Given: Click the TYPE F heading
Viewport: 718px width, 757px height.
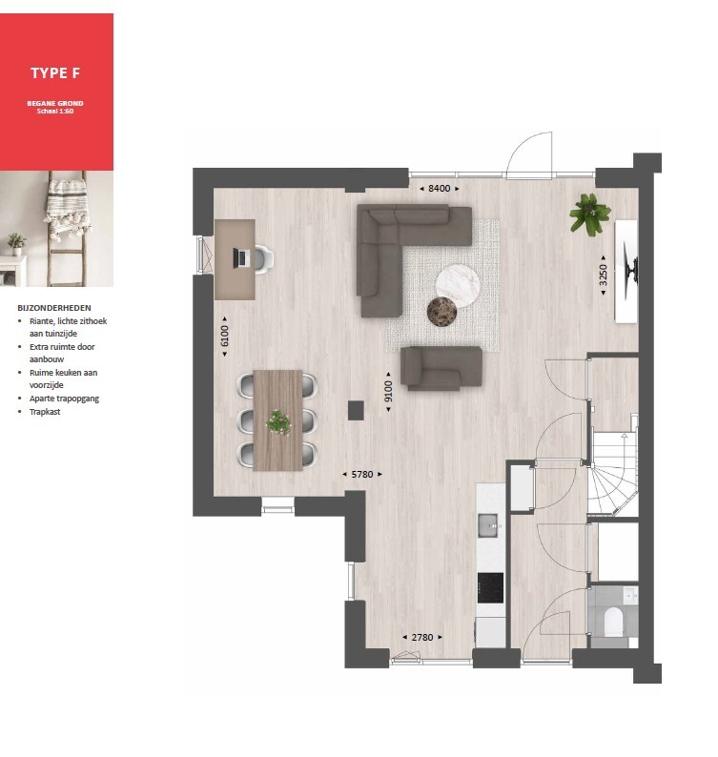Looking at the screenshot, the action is pos(55,72).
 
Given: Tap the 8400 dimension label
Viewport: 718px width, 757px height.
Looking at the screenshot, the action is pos(439,188).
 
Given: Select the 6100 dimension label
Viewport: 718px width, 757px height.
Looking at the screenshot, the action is pos(224,336).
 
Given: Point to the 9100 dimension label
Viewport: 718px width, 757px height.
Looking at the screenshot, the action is pos(388,391).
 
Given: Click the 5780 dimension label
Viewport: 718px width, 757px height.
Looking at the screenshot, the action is pos(362,474).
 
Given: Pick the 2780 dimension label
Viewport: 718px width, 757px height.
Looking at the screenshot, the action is pos(422,637).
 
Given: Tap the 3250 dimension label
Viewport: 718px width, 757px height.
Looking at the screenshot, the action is pos(603,275).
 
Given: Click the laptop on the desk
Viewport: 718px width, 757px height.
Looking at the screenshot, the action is pos(239,257).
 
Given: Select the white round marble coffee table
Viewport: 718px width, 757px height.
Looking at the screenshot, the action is pos(458,286).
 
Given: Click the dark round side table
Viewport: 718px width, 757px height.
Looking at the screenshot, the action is pos(441,312).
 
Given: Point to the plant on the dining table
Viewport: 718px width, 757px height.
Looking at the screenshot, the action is pos(278,422).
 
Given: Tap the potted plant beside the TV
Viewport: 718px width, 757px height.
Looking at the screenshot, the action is pos(589,214).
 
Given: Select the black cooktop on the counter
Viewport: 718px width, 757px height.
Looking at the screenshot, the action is pos(490,588).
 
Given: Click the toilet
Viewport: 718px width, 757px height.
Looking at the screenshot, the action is pos(614,622).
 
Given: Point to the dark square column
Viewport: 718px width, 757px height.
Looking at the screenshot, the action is pos(356,411).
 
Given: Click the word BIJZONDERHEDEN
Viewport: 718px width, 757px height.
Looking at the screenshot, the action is pos(54,308).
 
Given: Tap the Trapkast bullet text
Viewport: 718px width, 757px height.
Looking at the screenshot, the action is pos(45,412).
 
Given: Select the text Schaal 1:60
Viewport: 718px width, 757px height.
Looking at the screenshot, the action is pos(55,111).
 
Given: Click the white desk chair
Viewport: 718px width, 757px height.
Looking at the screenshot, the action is pos(263,258).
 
